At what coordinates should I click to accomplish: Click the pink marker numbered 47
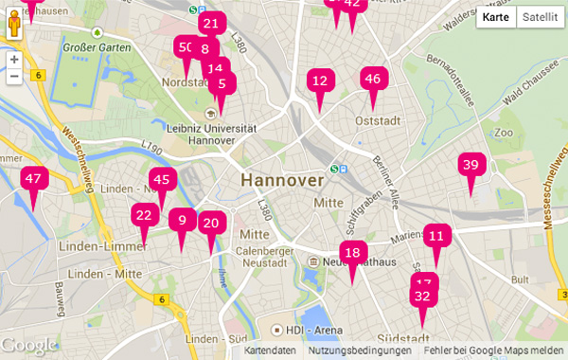pos(34,178)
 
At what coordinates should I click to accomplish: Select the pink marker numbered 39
pos(470,165)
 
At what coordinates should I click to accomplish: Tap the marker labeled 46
pos(372,80)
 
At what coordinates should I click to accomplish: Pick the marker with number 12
pos(320,81)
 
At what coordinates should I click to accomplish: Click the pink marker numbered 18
pos(352,252)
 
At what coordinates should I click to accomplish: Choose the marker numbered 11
pos(436,236)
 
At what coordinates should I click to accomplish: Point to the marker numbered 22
pos(144,215)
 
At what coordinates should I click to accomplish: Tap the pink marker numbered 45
pos(162,180)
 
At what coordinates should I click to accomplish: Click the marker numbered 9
pos(183,221)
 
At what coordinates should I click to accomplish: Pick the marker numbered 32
pos(422,297)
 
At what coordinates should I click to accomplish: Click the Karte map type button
pos(495,17)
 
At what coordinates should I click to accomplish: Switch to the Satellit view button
pos(540,17)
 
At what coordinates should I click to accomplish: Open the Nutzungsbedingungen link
pos(359,351)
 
